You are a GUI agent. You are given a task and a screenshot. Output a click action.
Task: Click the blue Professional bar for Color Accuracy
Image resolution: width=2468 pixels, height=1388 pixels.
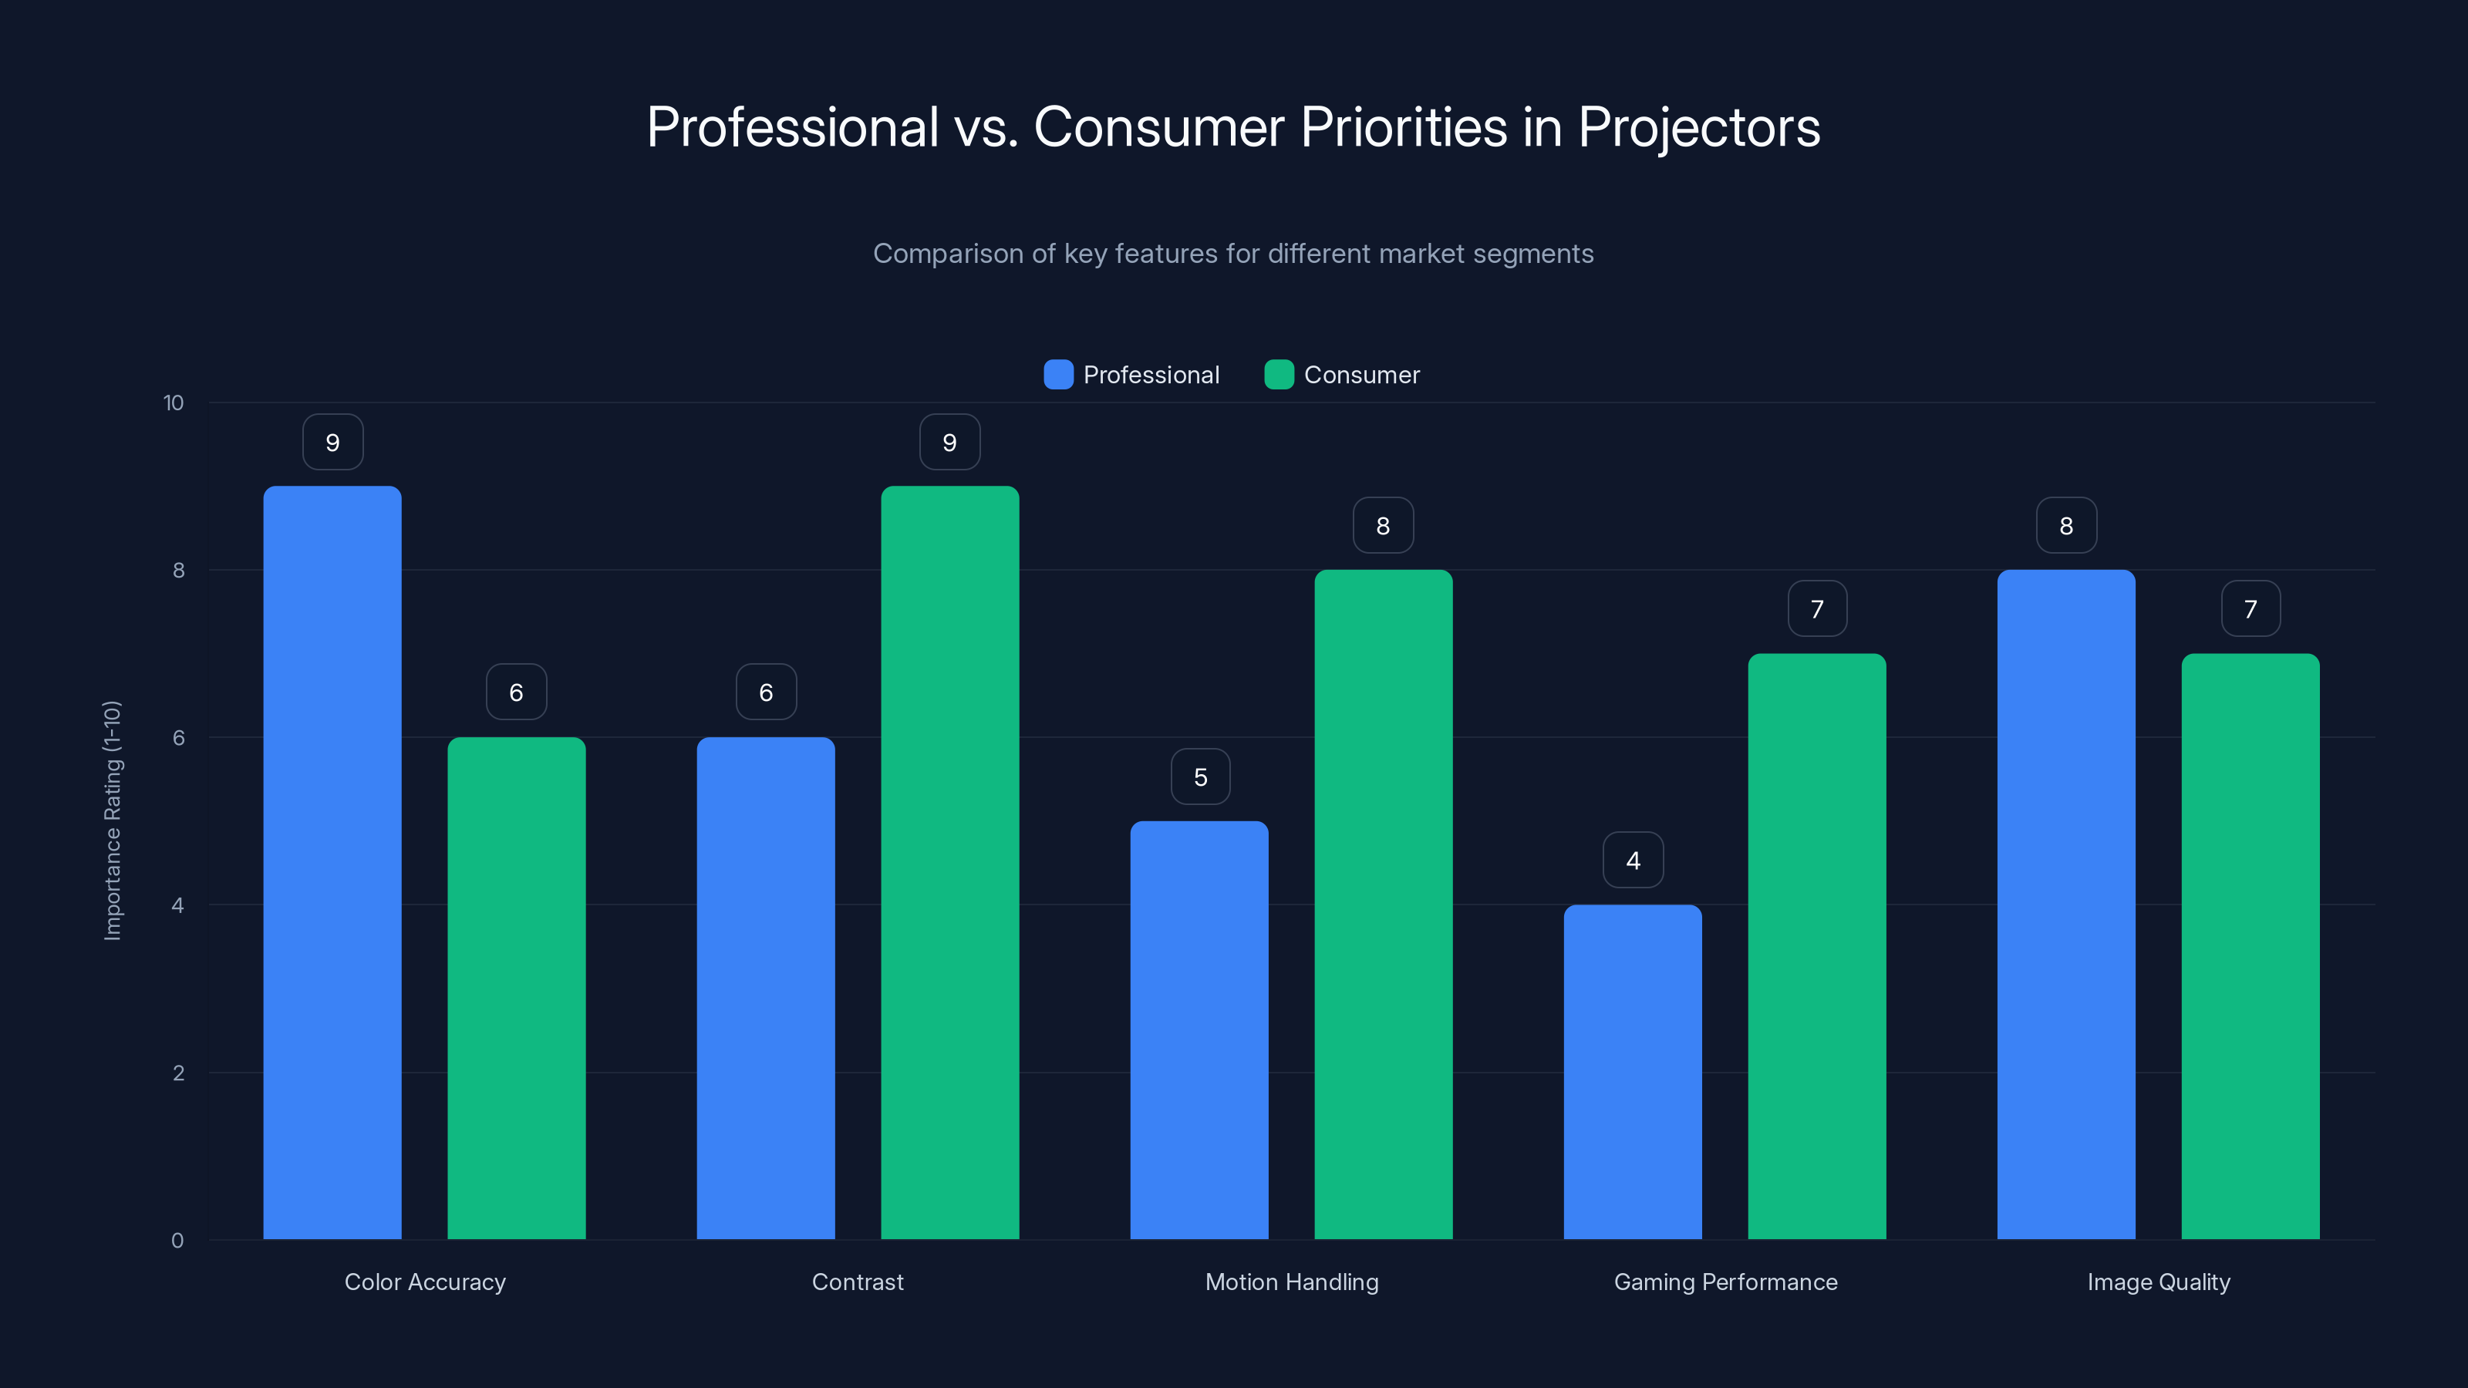click(332, 862)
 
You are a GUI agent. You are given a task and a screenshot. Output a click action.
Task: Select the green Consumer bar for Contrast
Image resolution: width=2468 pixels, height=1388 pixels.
click(949, 862)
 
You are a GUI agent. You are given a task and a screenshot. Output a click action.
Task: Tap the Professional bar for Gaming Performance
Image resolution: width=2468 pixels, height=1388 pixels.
click(1633, 1072)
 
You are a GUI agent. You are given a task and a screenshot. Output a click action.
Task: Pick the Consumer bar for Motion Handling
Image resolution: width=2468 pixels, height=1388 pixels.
click(1383, 905)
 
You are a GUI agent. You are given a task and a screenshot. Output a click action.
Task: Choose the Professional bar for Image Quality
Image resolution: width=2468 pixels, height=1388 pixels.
click(2065, 905)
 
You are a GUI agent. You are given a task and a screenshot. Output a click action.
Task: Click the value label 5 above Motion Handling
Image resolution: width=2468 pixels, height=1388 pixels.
click(1201, 777)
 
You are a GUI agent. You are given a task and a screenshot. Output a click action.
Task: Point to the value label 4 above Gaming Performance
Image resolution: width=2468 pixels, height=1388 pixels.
click(1634, 861)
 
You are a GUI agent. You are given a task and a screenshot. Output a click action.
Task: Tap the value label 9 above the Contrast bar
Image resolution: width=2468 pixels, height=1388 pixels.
click(949, 443)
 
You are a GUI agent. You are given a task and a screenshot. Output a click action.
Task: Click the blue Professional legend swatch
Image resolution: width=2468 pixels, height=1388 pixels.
click(1057, 375)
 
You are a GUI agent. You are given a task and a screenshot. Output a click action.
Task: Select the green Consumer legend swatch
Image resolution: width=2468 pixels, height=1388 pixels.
click(1279, 375)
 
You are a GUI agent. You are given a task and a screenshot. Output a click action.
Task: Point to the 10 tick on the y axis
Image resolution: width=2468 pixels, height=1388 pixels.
click(174, 403)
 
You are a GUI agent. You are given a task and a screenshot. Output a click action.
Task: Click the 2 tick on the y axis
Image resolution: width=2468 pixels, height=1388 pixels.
click(178, 1073)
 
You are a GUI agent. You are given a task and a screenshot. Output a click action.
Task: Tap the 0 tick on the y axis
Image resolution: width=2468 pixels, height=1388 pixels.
click(177, 1241)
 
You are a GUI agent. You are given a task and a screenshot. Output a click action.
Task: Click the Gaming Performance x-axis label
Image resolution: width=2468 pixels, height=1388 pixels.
click(1725, 1282)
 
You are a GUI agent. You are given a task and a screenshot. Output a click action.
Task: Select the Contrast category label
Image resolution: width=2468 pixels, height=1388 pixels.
click(858, 1282)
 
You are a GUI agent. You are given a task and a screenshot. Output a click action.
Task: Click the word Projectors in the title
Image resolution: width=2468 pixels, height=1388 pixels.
click(1698, 127)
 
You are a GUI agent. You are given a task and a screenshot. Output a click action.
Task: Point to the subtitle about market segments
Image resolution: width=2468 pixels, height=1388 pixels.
click(1233, 254)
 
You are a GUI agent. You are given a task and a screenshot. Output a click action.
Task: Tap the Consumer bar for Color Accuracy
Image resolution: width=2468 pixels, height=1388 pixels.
click(517, 988)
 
